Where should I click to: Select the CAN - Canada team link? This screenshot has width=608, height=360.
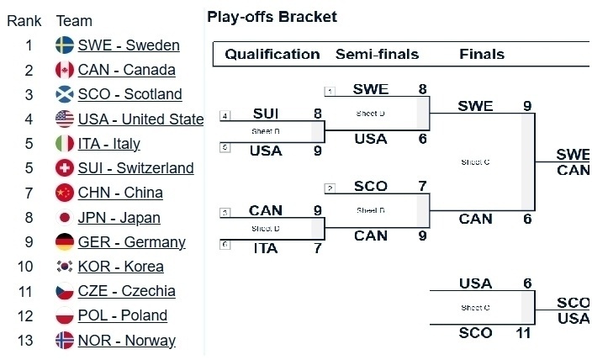126,70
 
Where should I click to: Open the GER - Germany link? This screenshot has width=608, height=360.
131,242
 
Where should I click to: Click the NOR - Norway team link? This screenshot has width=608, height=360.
126,341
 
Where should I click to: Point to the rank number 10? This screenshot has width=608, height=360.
29,267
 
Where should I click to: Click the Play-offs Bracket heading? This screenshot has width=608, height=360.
272,17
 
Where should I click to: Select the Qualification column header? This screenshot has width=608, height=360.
272,55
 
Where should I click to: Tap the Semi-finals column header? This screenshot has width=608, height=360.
377,55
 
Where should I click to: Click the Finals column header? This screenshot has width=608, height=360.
482,55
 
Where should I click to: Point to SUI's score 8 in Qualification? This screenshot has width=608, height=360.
317,114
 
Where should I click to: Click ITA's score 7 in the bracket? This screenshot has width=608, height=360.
317,248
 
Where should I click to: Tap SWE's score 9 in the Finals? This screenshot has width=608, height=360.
527,106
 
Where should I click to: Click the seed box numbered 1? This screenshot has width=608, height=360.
330,91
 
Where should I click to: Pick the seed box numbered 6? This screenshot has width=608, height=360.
225,244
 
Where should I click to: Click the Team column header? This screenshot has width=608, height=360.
74,21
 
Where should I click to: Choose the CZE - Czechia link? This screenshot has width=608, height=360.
126,291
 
